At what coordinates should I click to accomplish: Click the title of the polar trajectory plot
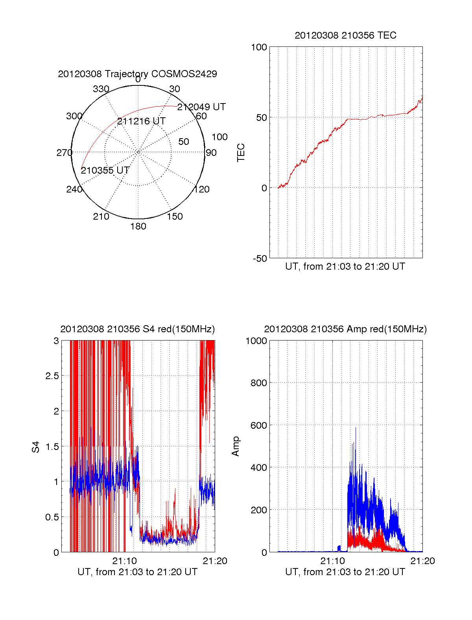(137, 74)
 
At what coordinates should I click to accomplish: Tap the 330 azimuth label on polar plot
(101, 89)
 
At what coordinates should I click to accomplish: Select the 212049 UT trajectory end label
(201, 107)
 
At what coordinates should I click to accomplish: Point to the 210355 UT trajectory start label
(105, 170)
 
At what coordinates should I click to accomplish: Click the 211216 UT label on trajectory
(141, 121)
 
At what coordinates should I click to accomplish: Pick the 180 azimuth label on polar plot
(138, 226)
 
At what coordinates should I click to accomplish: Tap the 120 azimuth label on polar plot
(202, 189)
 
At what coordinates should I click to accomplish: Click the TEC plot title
(345, 35)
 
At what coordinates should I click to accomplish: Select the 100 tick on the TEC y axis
(259, 48)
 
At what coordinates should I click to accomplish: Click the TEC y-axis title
(241, 152)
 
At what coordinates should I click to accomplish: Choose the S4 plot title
(137, 329)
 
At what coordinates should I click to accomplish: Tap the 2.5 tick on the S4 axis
(52, 376)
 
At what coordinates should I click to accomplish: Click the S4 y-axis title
(36, 447)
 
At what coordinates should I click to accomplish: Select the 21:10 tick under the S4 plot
(124, 561)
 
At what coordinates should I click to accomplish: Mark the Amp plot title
(345, 329)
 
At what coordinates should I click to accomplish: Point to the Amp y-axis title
(236, 446)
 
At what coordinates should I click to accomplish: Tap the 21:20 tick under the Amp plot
(422, 561)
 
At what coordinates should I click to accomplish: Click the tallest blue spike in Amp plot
(356, 428)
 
